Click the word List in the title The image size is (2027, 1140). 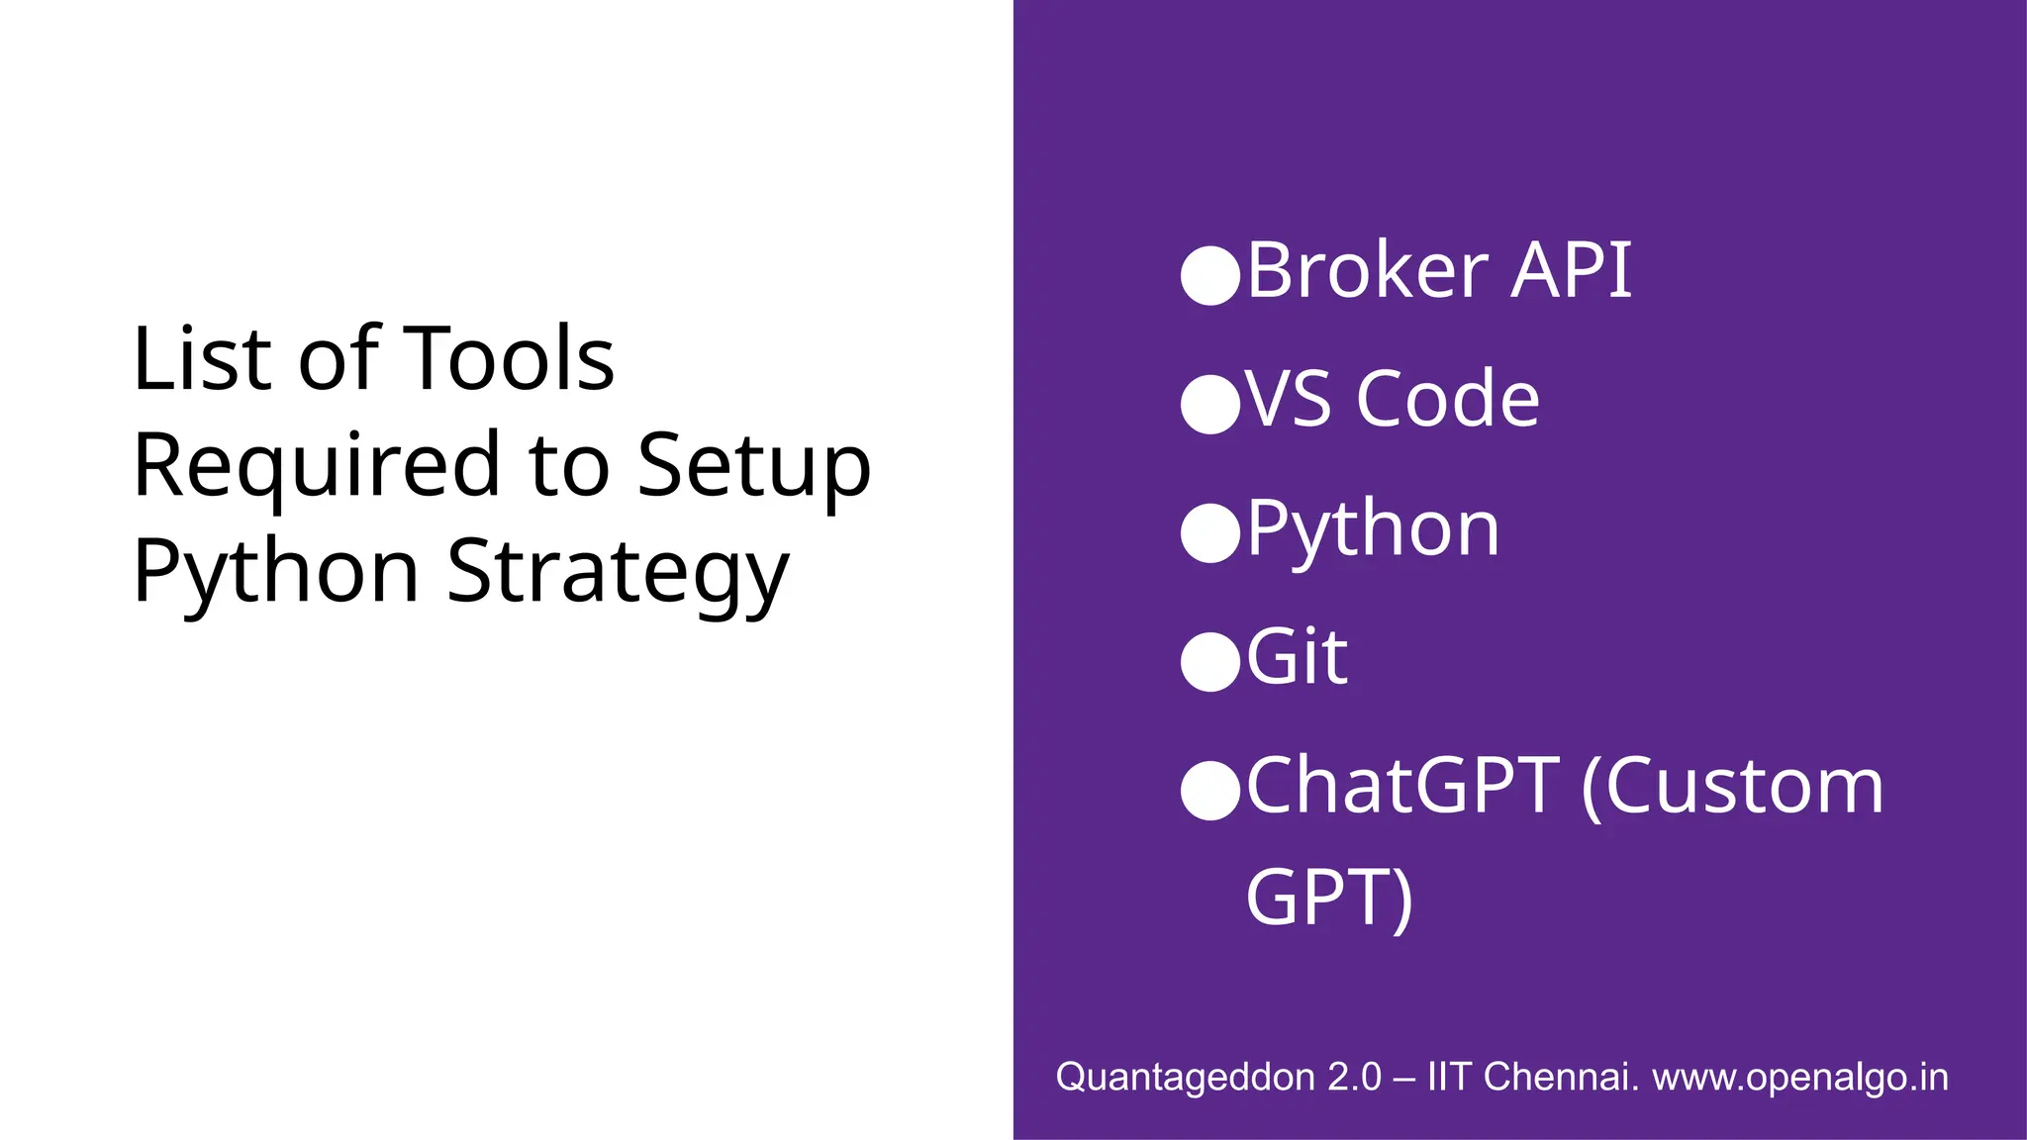coord(200,358)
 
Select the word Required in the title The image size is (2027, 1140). coord(317,465)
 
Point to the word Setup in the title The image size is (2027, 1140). coord(753,465)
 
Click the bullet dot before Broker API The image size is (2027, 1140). coord(1210,274)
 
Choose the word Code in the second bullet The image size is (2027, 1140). coord(1448,399)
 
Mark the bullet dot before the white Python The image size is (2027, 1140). coord(1210,532)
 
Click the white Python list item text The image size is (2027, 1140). coord(1373,529)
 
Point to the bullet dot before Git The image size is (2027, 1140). coord(1210,661)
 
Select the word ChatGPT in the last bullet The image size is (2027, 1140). coord(1402,786)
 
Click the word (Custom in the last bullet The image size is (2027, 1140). coord(1732,786)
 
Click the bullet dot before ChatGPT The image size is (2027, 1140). coord(1210,791)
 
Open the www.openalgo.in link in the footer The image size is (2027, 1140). coord(1799,1077)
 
